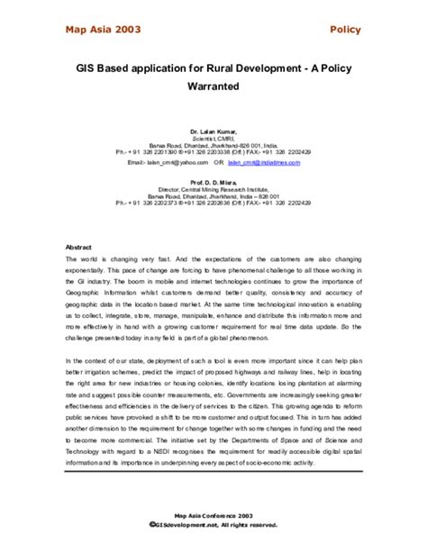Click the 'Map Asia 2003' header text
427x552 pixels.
pyautogui.click(x=103, y=30)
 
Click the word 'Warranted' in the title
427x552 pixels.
pyautogui.click(x=213, y=88)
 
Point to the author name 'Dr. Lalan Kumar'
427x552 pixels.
pyautogui.click(x=213, y=131)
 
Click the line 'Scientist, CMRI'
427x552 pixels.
pyautogui.click(x=213, y=140)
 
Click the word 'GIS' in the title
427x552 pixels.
pyautogui.click(x=88, y=68)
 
